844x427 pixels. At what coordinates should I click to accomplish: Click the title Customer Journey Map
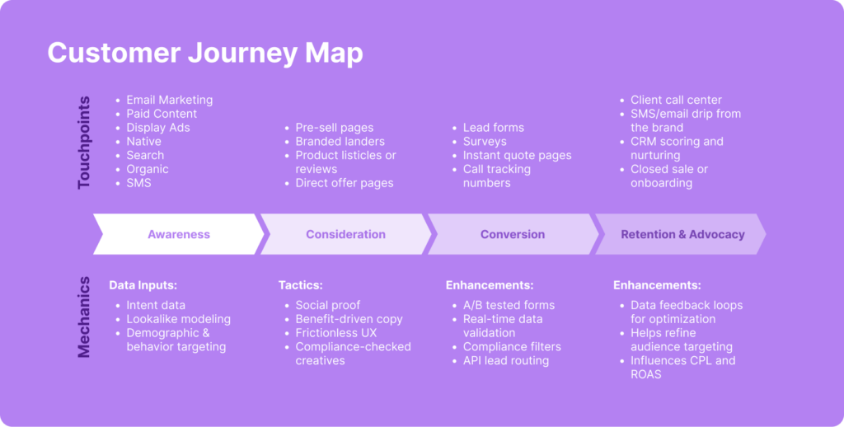point(204,53)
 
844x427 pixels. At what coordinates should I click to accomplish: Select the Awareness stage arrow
point(179,234)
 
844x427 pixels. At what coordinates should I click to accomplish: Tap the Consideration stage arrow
point(345,234)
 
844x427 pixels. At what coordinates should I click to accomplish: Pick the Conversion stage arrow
point(513,234)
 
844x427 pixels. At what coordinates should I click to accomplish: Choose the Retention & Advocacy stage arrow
point(682,234)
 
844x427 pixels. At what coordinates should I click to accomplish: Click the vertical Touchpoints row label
point(84,141)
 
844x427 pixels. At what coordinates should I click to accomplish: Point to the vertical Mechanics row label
point(84,317)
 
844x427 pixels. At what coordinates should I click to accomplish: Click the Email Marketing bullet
point(169,100)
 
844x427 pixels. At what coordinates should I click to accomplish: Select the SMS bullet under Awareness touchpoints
point(138,183)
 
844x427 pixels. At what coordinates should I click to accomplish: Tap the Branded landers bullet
point(340,142)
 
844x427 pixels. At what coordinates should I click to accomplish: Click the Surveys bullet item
point(485,142)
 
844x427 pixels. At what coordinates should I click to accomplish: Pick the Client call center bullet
point(676,100)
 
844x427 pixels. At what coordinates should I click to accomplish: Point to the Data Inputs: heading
point(143,285)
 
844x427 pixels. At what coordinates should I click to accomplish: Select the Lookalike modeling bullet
point(178,319)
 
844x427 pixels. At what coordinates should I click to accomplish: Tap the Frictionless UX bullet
point(336,333)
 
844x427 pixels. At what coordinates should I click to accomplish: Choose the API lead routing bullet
point(506,360)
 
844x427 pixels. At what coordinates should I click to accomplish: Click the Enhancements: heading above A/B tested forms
point(490,285)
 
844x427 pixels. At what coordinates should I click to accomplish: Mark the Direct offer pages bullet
point(345,183)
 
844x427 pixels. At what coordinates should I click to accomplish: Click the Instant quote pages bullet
point(517,155)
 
